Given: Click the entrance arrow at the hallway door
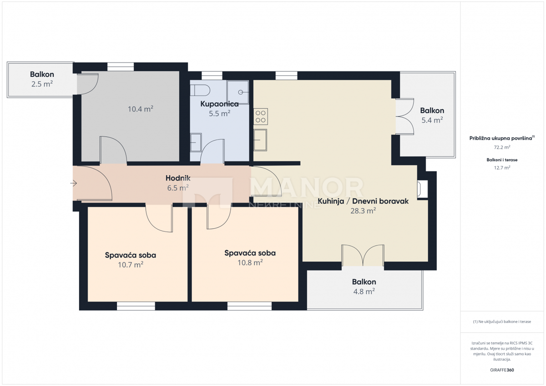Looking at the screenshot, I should pyautogui.click(x=74, y=183).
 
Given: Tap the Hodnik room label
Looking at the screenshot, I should pyautogui.click(x=177, y=179).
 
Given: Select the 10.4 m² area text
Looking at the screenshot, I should pyautogui.click(x=140, y=109).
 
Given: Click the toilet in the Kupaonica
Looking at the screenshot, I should pyautogui.click(x=200, y=89).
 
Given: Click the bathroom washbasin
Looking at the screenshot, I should pyautogui.click(x=196, y=142).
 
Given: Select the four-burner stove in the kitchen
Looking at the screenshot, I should pyautogui.click(x=261, y=116).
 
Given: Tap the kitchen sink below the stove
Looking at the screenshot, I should pyautogui.click(x=260, y=140).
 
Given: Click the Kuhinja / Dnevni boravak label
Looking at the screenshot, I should pyautogui.click(x=363, y=201).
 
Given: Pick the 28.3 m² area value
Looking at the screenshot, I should pyautogui.click(x=363, y=211).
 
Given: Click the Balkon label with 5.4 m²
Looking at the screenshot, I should pyautogui.click(x=432, y=110).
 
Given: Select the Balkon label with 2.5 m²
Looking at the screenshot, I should pyautogui.click(x=42, y=75).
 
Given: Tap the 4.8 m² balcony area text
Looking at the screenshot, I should pyautogui.click(x=364, y=292).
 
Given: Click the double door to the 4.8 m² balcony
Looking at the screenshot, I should pyautogui.click(x=363, y=256).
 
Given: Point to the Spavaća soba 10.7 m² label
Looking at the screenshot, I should pyautogui.click(x=130, y=255).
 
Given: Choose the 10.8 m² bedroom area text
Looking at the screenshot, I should pyautogui.click(x=250, y=263).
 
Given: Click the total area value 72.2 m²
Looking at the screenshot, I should pyautogui.click(x=502, y=147).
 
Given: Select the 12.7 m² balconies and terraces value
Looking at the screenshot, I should pyautogui.click(x=502, y=167).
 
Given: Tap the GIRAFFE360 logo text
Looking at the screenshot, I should pyautogui.click(x=502, y=370).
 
